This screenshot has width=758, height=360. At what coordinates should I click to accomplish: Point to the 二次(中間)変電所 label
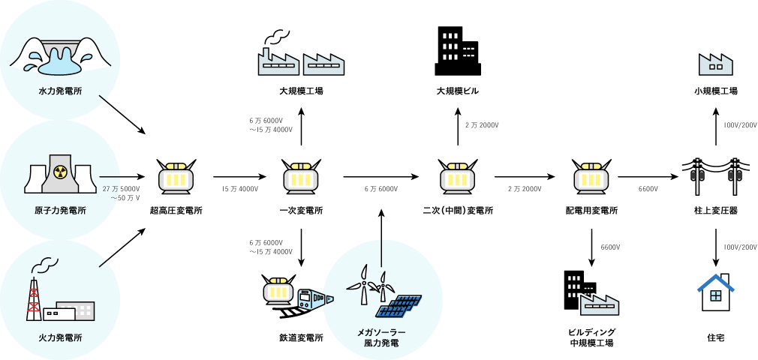tap(458, 211)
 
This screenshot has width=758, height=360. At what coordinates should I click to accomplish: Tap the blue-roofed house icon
tap(716, 292)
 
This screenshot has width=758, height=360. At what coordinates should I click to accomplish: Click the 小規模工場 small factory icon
tap(715, 64)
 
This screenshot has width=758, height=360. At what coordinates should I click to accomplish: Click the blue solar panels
tap(398, 307)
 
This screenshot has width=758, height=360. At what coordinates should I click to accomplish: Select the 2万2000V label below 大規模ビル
tap(481, 124)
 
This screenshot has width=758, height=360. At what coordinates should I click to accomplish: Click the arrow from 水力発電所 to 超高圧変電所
tap(122, 115)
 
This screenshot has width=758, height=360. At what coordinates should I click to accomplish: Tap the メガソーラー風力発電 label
tap(381, 337)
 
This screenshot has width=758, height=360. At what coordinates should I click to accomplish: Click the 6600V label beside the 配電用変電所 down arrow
tap(610, 247)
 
